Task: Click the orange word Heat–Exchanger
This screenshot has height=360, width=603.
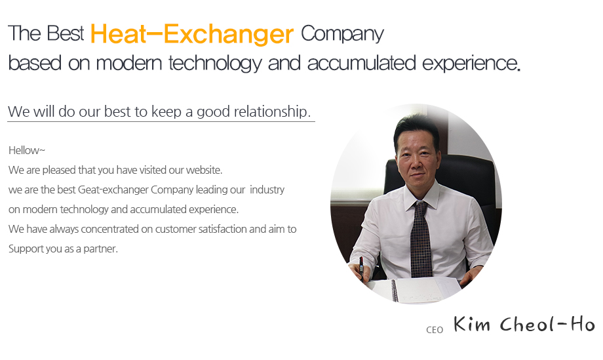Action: [x=192, y=34]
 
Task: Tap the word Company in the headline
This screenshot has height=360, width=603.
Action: [x=342, y=35]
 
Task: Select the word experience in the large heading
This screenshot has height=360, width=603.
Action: [x=471, y=64]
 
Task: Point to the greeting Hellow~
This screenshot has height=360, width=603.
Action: [x=26, y=150]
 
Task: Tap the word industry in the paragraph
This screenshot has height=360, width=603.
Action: [x=267, y=190]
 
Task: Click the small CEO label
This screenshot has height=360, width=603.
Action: [x=435, y=330]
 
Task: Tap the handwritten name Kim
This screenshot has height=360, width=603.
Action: [x=472, y=324]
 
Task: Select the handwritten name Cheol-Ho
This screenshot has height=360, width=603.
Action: [x=547, y=324]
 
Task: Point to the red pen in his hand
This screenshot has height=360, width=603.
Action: [x=362, y=266]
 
